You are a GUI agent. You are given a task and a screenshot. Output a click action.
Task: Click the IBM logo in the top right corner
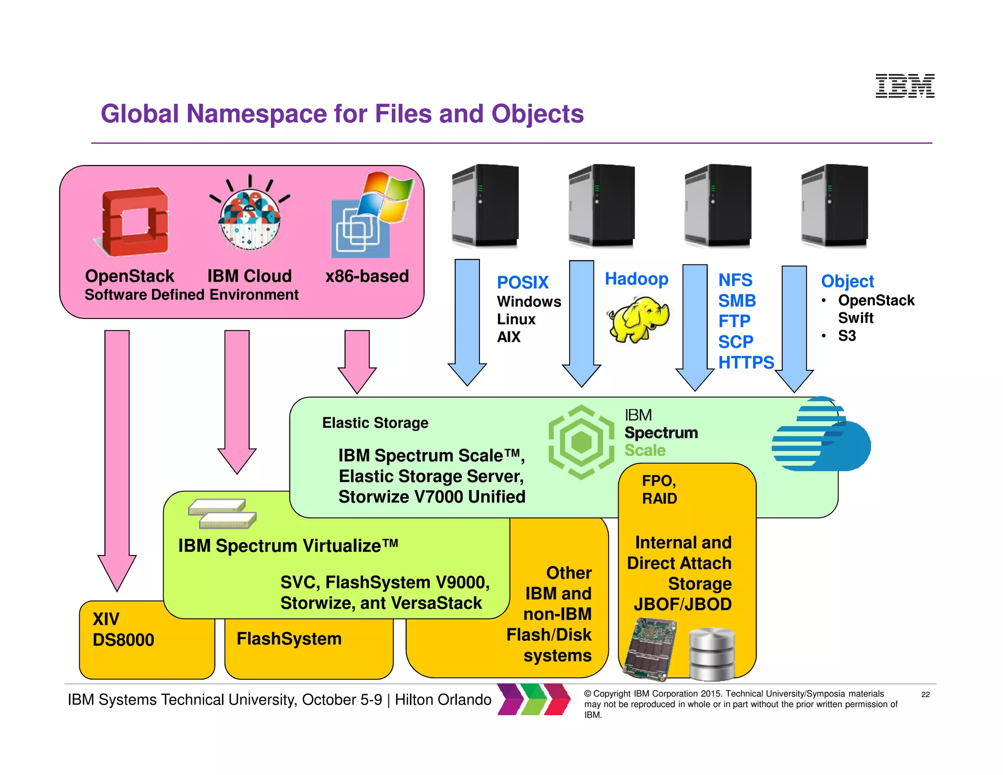tap(905, 86)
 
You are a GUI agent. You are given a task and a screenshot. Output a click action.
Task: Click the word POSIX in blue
tap(523, 283)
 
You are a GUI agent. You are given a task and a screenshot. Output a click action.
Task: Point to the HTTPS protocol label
tap(746, 363)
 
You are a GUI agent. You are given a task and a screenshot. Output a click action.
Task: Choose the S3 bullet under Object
tap(847, 336)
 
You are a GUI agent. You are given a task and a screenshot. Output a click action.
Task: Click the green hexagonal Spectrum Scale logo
tap(581, 442)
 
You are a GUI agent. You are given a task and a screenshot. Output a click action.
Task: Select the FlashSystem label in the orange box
tap(289, 639)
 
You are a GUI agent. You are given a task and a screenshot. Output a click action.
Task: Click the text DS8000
tap(123, 640)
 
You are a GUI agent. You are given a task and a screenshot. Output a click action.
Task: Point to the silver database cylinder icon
tap(712, 654)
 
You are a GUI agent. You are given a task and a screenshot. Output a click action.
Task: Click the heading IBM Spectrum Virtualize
tap(288, 546)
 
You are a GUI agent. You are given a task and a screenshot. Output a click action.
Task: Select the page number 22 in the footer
tap(925, 694)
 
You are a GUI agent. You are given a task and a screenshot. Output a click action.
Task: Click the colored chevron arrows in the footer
tap(533, 699)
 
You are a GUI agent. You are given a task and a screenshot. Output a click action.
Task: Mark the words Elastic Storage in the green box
tap(375, 423)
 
